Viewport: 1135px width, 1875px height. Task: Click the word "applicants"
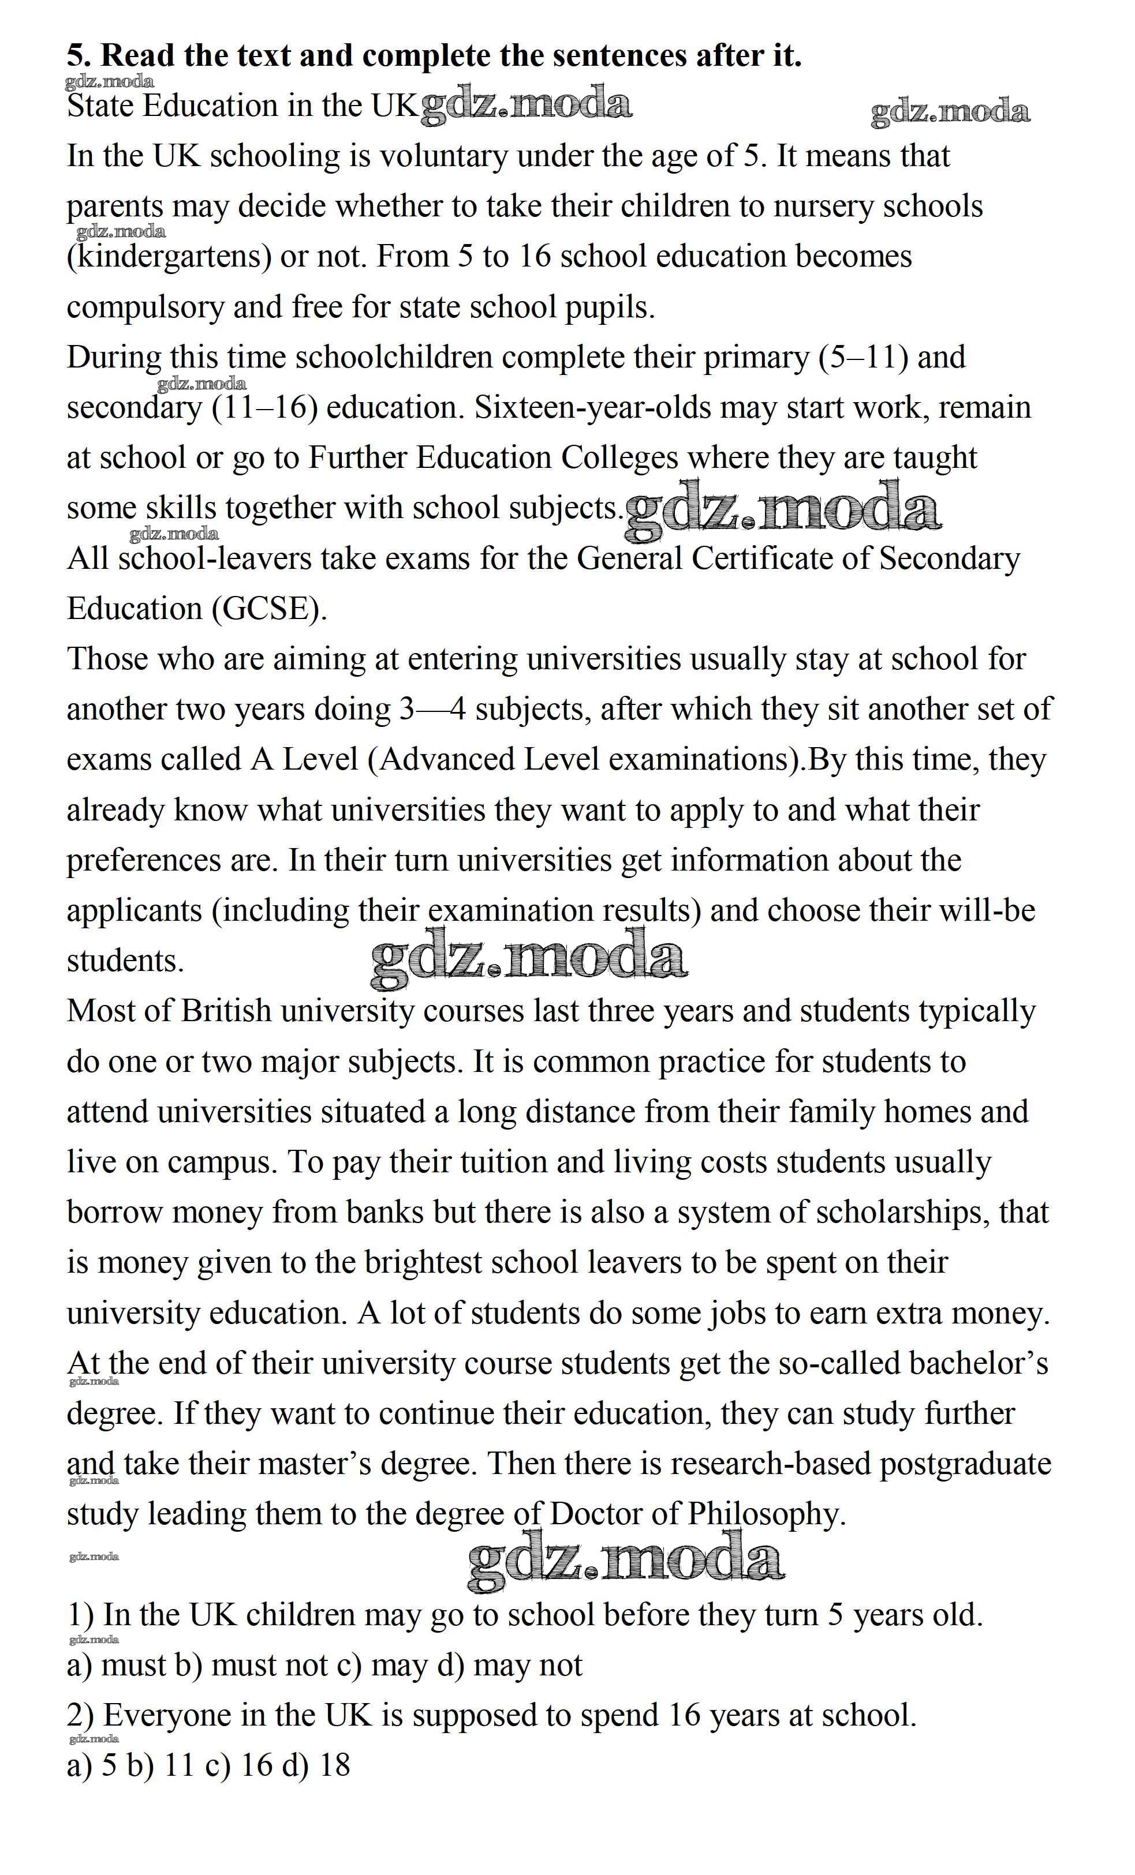(x=135, y=911)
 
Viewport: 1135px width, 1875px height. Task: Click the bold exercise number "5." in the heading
(x=79, y=55)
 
